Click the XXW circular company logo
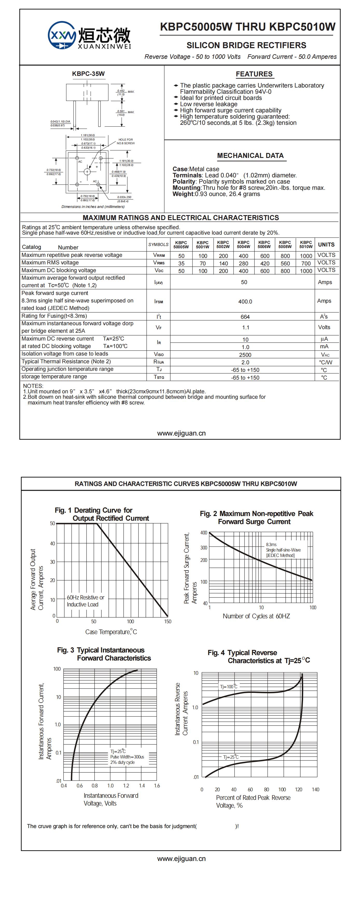point(62,35)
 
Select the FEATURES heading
point(254,74)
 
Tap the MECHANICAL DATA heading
point(250,156)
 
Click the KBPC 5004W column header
point(243,244)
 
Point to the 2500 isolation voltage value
point(245,354)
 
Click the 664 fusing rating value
point(245,316)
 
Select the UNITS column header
point(326,244)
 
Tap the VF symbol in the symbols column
point(159,327)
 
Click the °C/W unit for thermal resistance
point(326,362)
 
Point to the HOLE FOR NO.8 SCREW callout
point(125,141)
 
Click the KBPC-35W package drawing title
point(88,74)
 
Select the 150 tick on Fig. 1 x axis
point(168,621)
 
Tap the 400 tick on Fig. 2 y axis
point(203,533)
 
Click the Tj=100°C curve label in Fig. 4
point(229,686)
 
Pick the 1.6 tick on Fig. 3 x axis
point(157,786)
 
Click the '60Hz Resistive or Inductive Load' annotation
point(85,601)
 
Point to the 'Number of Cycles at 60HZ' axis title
point(256,616)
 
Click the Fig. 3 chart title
point(104,654)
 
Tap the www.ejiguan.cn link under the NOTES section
point(181,433)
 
